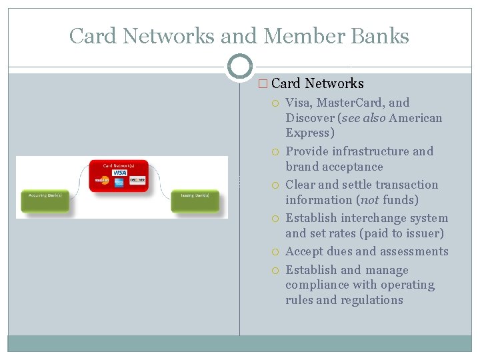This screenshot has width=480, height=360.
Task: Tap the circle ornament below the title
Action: point(240,66)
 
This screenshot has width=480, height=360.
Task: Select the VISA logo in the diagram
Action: point(119,173)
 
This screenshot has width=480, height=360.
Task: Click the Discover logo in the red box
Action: point(137,180)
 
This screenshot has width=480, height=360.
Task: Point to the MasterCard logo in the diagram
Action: point(101,180)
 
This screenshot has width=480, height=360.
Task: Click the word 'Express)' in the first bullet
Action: point(310,133)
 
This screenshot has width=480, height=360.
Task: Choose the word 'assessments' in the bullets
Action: point(414,251)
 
